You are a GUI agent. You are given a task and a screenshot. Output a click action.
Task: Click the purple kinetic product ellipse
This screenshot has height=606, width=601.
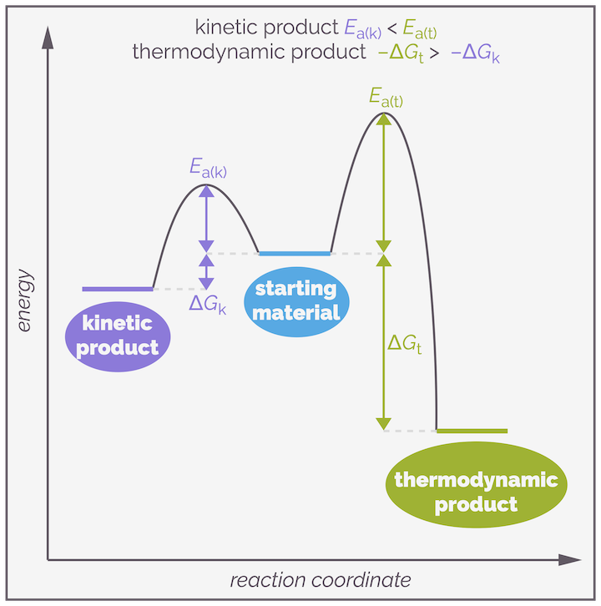118,335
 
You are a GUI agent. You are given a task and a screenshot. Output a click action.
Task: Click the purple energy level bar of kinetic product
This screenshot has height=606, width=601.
118,289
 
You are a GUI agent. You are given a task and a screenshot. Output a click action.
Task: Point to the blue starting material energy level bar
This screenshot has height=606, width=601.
295,253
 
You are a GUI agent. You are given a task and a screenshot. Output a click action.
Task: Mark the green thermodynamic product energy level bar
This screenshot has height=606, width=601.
472,431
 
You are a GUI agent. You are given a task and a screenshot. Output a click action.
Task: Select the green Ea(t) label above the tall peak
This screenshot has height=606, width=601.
386,98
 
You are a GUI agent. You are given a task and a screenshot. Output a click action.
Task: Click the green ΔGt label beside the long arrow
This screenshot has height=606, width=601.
405,343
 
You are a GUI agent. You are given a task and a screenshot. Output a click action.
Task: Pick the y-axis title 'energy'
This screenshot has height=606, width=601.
24,301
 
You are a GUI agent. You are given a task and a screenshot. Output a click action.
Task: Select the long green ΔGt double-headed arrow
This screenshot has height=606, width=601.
384,342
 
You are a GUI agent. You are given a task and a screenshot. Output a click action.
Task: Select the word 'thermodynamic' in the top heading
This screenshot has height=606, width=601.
195,53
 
